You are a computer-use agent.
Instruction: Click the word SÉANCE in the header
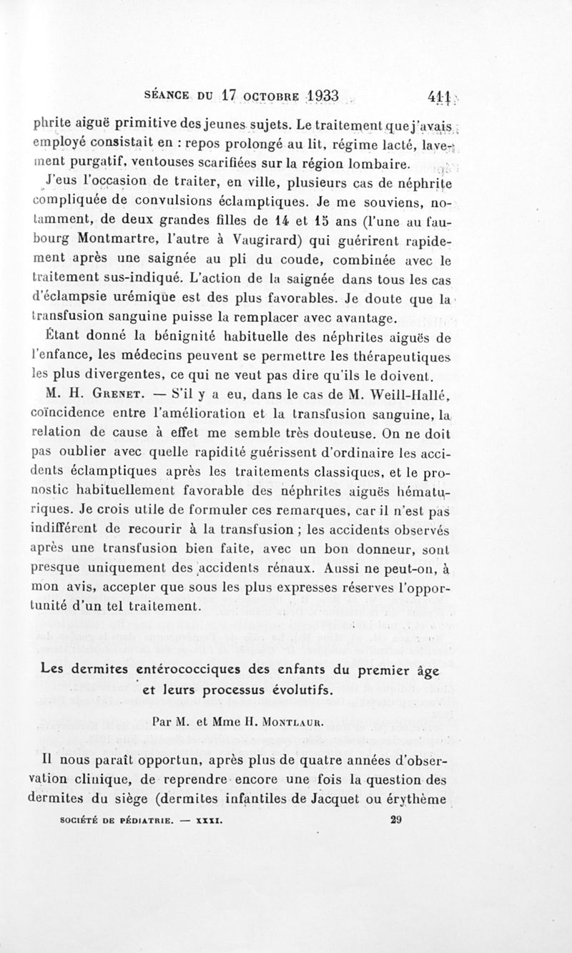[167, 96]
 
